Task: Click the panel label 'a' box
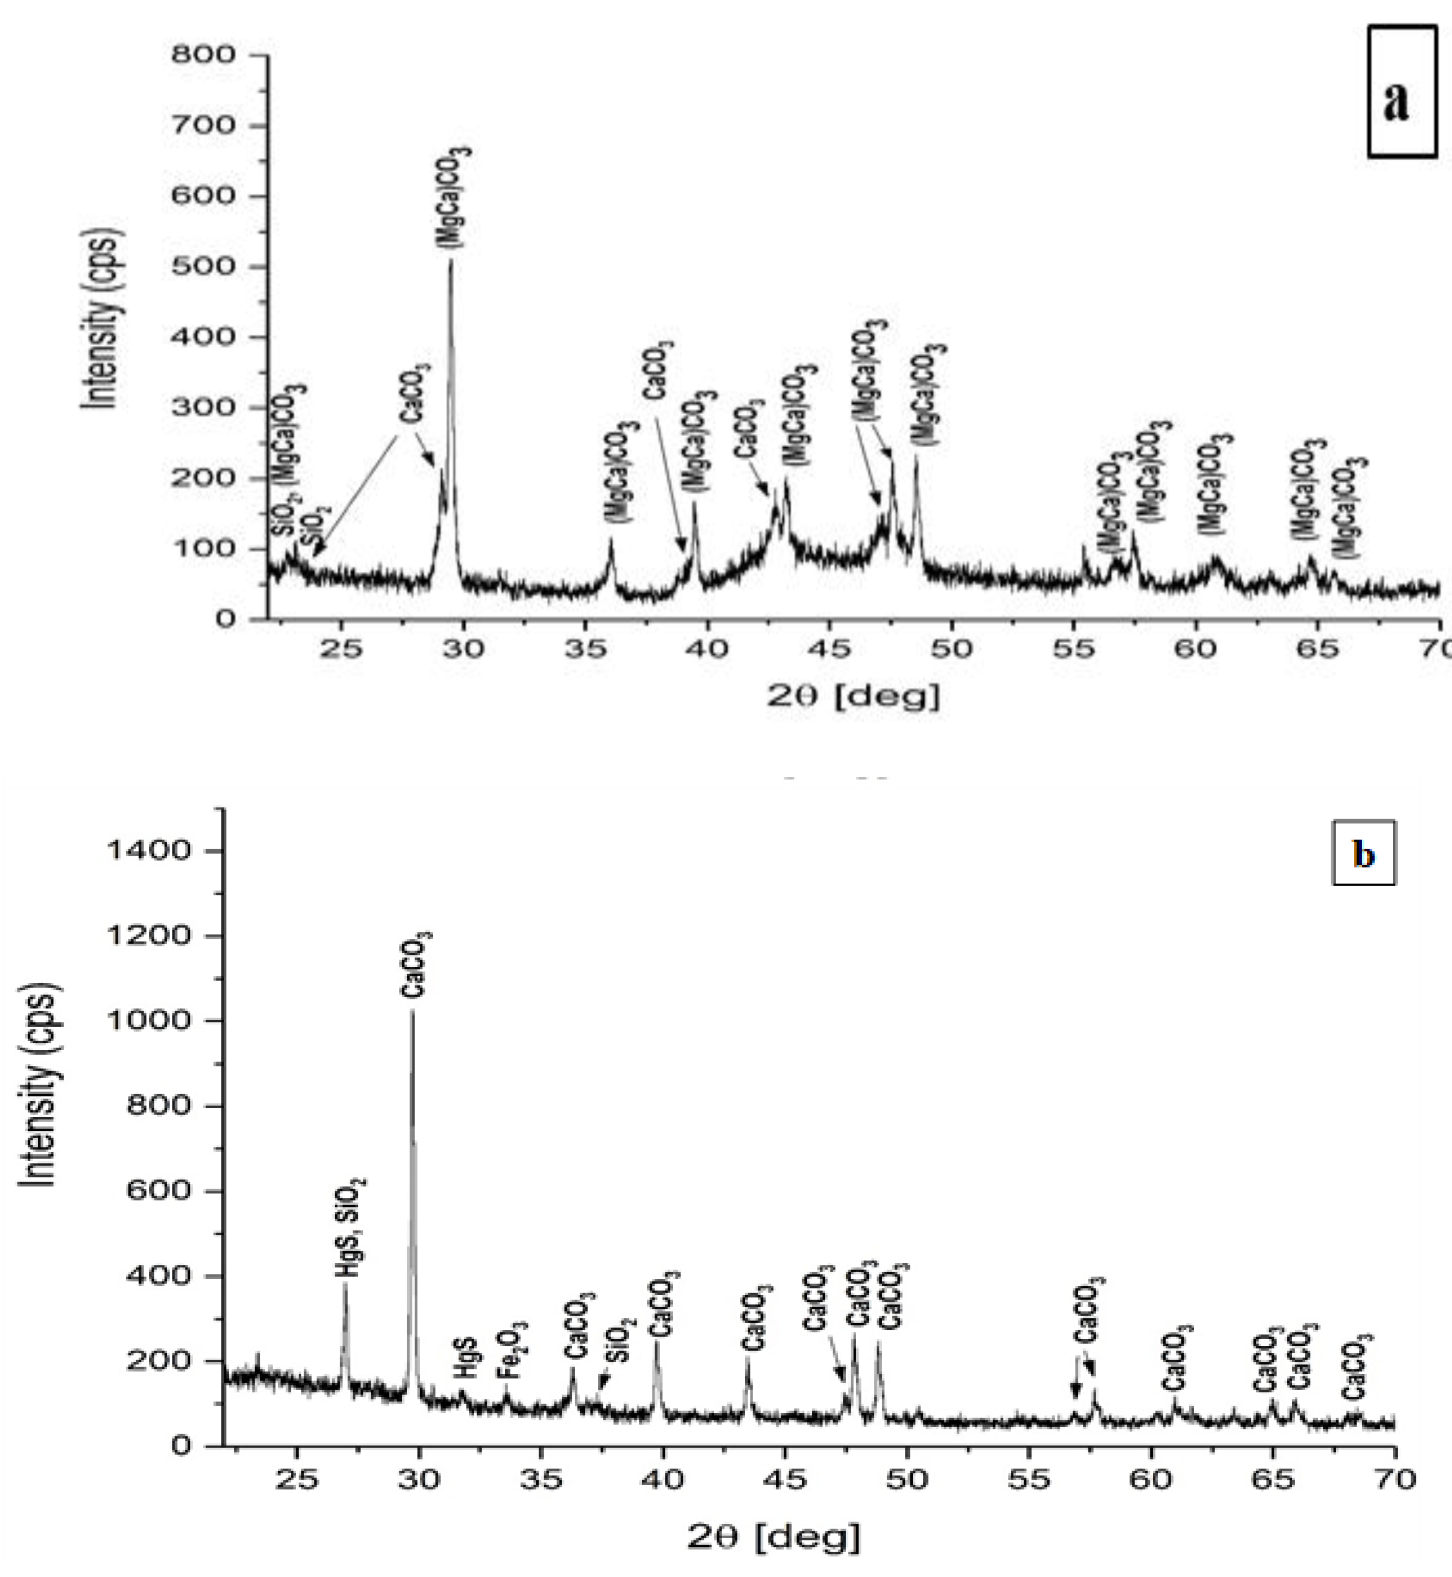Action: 1402,91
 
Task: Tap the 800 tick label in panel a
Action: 203,55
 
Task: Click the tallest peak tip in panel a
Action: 451,261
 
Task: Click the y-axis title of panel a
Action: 103,318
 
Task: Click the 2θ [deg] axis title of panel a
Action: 853,696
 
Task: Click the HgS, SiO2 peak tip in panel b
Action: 345,1283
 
